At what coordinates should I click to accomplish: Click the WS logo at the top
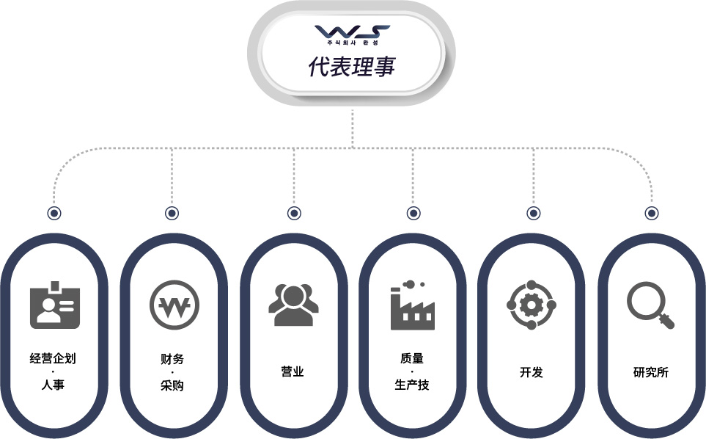(x=352, y=35)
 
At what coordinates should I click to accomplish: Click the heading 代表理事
(x=352, y=66)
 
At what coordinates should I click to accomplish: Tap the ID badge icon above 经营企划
(x=55, y=305)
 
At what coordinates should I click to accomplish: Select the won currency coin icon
(x=174, y=305)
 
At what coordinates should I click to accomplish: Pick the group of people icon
(x=293, y=305)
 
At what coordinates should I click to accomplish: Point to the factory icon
(x=413, y=305)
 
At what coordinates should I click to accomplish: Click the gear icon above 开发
(x=532, y=305)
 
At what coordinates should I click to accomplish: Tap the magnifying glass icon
(x=650, y=305)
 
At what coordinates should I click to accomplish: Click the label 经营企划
(x=53, y=359)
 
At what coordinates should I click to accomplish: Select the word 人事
(x=53, y=385)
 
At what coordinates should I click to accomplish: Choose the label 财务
(x=172, y=359)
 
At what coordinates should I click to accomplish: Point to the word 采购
(x=172, y=385)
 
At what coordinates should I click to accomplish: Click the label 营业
(x=293, y=372)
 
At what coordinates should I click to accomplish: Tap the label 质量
(x=412, y=359)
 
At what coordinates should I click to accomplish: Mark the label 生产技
(x=412, y=385)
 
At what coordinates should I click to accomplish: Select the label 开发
(x=532, y=372)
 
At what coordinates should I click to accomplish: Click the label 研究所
(x=651, y=372)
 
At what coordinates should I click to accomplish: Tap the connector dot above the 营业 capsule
(x=294, y=213)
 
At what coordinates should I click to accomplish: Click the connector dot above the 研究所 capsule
(x=652, y=213)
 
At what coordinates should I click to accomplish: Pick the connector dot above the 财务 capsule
(x=172, y=213)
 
